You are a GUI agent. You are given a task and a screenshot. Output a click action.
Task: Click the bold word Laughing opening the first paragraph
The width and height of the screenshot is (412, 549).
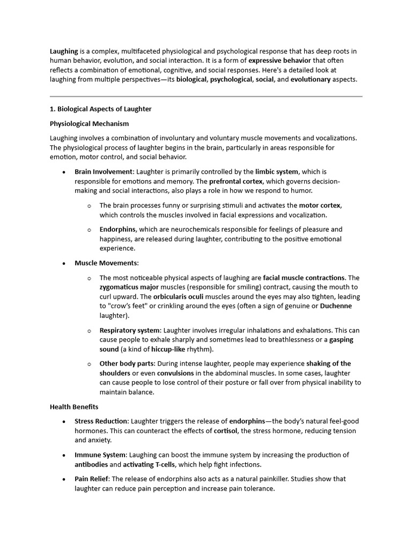point(64,51)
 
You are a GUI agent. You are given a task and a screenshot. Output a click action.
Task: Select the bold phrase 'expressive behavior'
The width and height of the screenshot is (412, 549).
point(279,61)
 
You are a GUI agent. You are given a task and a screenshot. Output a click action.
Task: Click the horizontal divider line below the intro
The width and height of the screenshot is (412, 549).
point(206,97)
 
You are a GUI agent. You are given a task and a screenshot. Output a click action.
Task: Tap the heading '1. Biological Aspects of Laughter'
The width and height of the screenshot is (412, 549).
point(101,109)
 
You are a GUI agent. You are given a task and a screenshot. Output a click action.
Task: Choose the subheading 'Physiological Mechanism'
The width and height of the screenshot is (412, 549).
point(90,123)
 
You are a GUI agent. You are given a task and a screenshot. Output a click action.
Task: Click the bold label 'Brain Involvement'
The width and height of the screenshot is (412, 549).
point(104,172)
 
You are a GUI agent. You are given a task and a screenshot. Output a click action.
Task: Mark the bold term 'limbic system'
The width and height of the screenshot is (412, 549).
point(277,172)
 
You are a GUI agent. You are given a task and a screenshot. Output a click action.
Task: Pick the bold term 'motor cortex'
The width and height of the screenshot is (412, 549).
point(320,205)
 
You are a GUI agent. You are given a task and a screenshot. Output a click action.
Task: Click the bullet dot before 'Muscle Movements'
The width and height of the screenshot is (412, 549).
point(64,263)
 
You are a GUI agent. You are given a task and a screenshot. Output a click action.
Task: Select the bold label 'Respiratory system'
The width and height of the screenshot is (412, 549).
point(129,330)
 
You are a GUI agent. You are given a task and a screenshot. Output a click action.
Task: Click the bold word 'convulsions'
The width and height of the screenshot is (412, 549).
point(175,373)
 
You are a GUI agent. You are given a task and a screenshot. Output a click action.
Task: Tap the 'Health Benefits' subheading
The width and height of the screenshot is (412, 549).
point(74,407)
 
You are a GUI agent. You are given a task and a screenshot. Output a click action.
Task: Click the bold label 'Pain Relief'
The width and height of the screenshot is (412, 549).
point(93,479)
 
